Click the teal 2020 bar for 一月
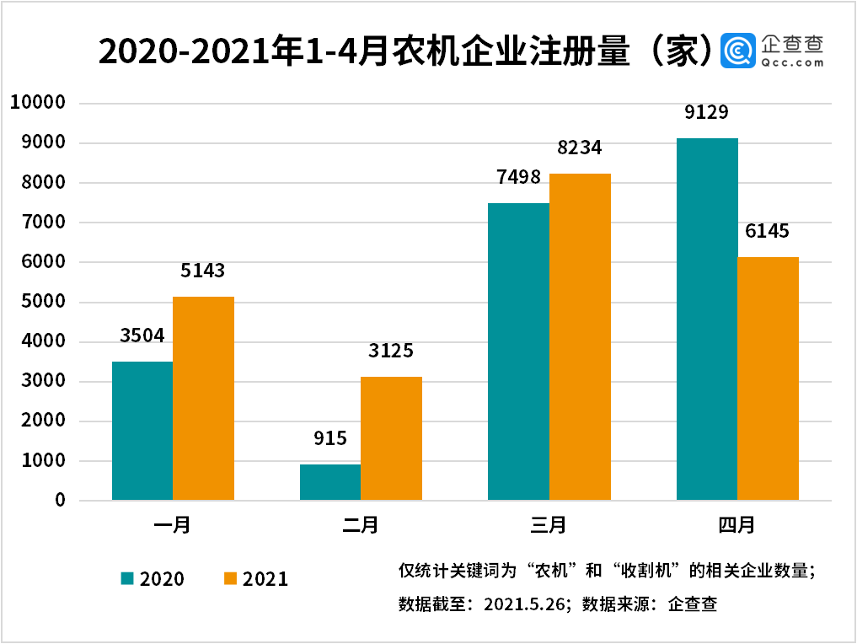tap(142, 431)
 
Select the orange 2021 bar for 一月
tap(203, 398)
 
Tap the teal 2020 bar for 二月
tap(330, 482)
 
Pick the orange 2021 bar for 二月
tap(391, 438)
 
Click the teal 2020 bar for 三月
tap(518, 352)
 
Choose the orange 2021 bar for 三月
tap(580, 337)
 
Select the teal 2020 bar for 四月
tap(707, 319)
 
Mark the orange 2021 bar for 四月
tap(768, 378)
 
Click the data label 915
tap(329, 438)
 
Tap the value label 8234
tap(580, 148)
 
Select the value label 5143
tap(203, 271)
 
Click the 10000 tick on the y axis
tap(37, 103)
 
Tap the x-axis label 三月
tap(549, 525)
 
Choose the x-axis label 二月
tap(361, 525)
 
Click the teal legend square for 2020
tap(127, 578)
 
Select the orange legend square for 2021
tap(230, 578)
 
